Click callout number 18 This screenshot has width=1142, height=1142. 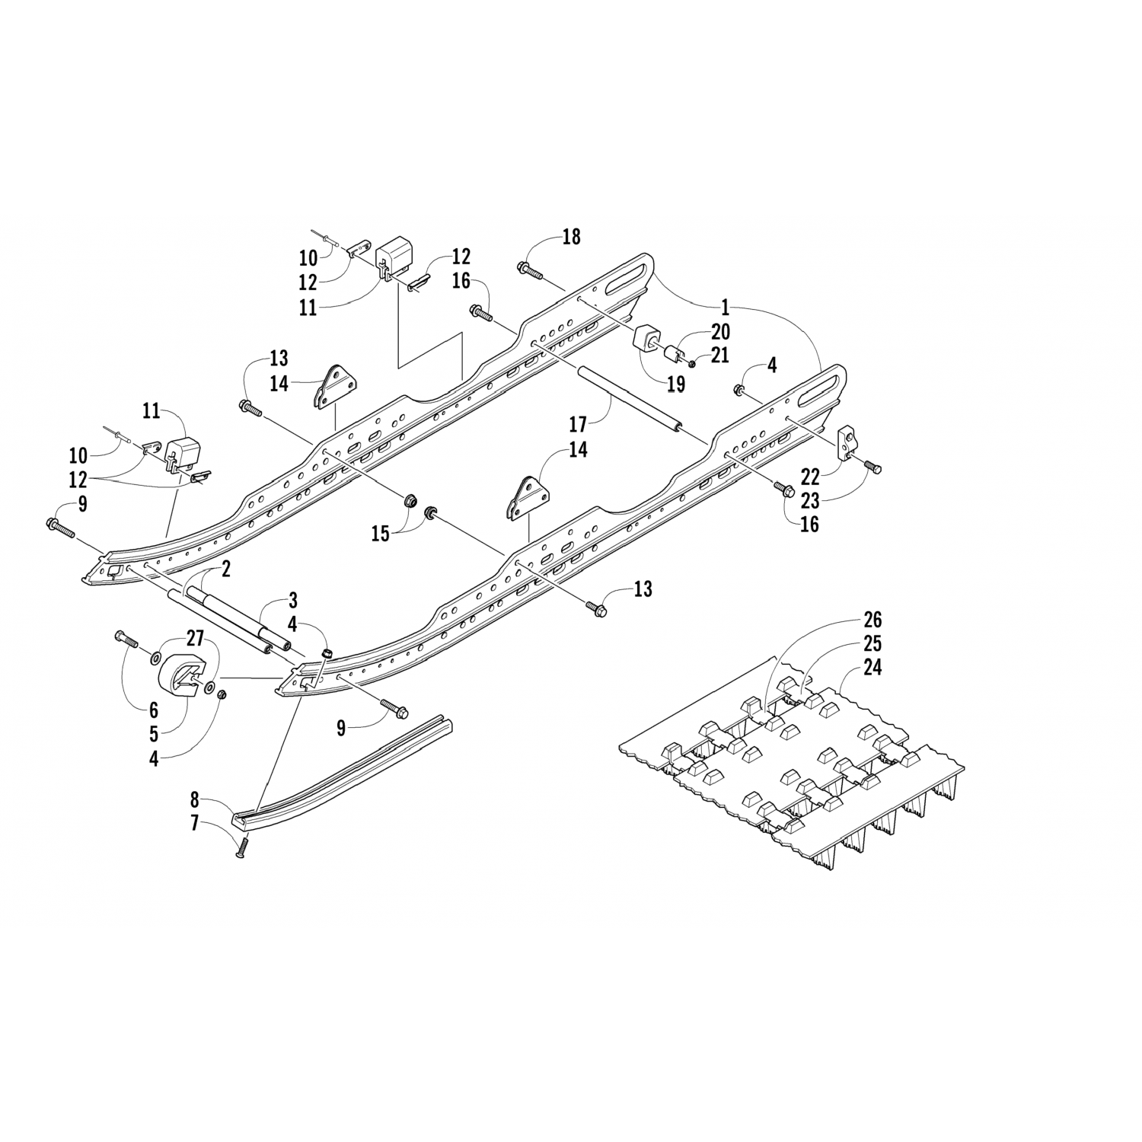click(571, 237)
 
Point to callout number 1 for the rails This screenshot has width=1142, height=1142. click(725, 308)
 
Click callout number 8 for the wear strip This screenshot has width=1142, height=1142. click(195, 800)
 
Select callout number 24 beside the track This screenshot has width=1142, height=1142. click(872, 668)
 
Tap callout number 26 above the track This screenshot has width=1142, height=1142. click(872, 619)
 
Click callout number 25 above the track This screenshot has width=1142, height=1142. click(872, 643)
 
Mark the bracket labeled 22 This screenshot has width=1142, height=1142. click(848, 445)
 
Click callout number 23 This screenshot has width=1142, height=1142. click(809, 500)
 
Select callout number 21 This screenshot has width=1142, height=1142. click(720, 356)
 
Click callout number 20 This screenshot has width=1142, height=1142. click(720, 332)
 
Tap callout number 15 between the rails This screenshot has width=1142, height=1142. click(380, 534)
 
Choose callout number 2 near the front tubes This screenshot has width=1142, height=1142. click(226, 568)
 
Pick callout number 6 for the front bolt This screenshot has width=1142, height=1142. click(154, 710)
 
